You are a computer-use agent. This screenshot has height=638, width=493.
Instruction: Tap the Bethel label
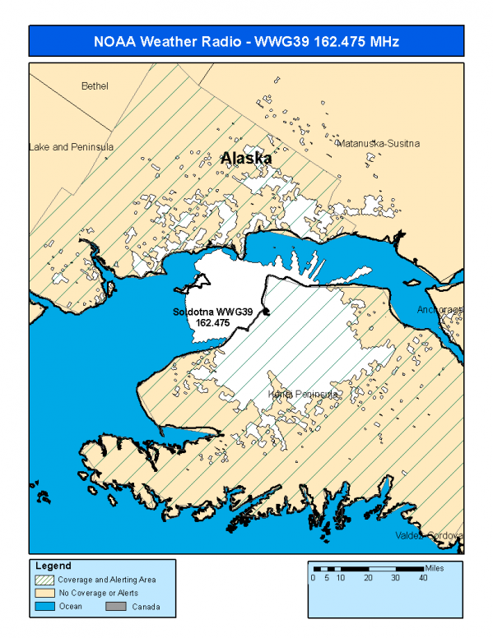point(95,86)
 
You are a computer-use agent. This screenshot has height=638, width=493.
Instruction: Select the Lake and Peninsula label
point(71,147)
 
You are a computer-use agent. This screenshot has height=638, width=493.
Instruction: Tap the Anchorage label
point(440,310)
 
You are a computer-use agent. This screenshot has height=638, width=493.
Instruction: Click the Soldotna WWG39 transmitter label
point(212,312)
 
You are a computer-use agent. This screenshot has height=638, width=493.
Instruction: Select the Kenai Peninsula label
point(305,395)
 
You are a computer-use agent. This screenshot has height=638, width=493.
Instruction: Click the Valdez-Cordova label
point(440,535)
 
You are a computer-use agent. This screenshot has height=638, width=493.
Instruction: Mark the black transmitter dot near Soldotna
point(266,311)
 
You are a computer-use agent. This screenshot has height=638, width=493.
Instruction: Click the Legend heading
point(53,566)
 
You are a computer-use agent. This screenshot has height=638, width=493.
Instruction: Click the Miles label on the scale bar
point(436,568)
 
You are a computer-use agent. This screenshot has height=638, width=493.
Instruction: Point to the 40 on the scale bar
point(423,578)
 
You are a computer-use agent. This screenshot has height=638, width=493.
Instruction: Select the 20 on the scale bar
point(368,578)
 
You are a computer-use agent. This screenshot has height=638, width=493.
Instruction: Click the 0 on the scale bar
point(313,578)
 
